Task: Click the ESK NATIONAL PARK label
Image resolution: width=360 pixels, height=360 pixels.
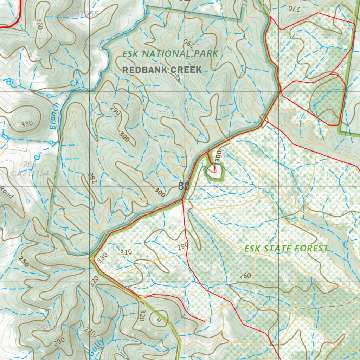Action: tap(171, 54)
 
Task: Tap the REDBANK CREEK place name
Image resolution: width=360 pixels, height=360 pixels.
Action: tap(162, 70)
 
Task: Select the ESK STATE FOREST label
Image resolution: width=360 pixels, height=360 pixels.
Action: tap(286, 248)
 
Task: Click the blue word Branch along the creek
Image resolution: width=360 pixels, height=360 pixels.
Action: tap(55, 116)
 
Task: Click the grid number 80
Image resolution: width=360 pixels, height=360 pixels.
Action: tap(184, 186)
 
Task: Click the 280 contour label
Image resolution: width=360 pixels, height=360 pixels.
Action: tap(92, 178)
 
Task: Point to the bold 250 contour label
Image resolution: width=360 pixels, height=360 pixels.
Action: tap(24, 262)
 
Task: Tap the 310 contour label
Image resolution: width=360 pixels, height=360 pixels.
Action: tap(126, 252)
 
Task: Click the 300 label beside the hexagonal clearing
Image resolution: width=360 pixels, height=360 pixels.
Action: tap(218, 157)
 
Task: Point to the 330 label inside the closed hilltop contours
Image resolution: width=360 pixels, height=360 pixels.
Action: tap(27, 124)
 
